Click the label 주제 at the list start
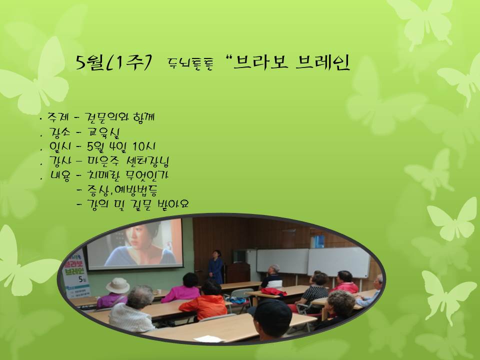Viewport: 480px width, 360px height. coord(56,118)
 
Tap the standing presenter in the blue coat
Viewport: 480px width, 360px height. coord(216,267)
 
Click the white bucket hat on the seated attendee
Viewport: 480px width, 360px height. coord(117,285)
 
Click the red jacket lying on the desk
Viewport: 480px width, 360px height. coord(274,291)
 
